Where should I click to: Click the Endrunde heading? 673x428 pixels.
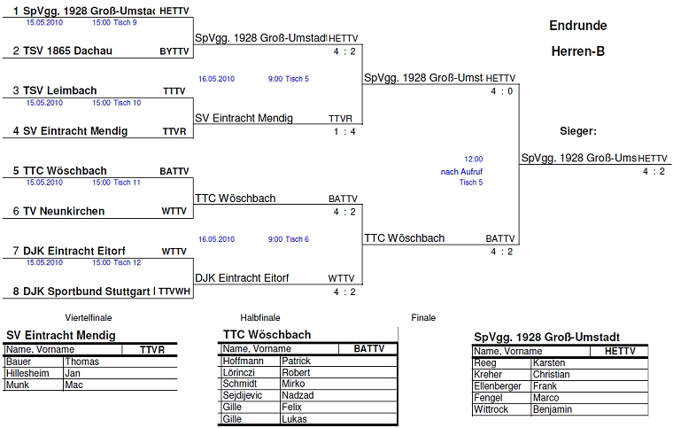point(577,26)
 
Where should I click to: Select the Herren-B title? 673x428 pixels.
point(577,51)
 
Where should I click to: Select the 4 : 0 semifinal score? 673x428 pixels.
point(501,92)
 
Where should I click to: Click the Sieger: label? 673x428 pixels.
point(578,131)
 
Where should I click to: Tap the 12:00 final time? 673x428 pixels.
point(474,159)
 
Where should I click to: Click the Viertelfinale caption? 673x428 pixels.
point(88,317)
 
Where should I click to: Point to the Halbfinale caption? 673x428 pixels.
point(260,317)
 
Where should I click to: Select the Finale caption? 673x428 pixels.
point(423,317)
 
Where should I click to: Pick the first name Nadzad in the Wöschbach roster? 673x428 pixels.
point(297,395)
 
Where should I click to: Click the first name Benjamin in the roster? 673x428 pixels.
point(553,410)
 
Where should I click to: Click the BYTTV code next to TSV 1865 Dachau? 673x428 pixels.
point(174,51)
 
